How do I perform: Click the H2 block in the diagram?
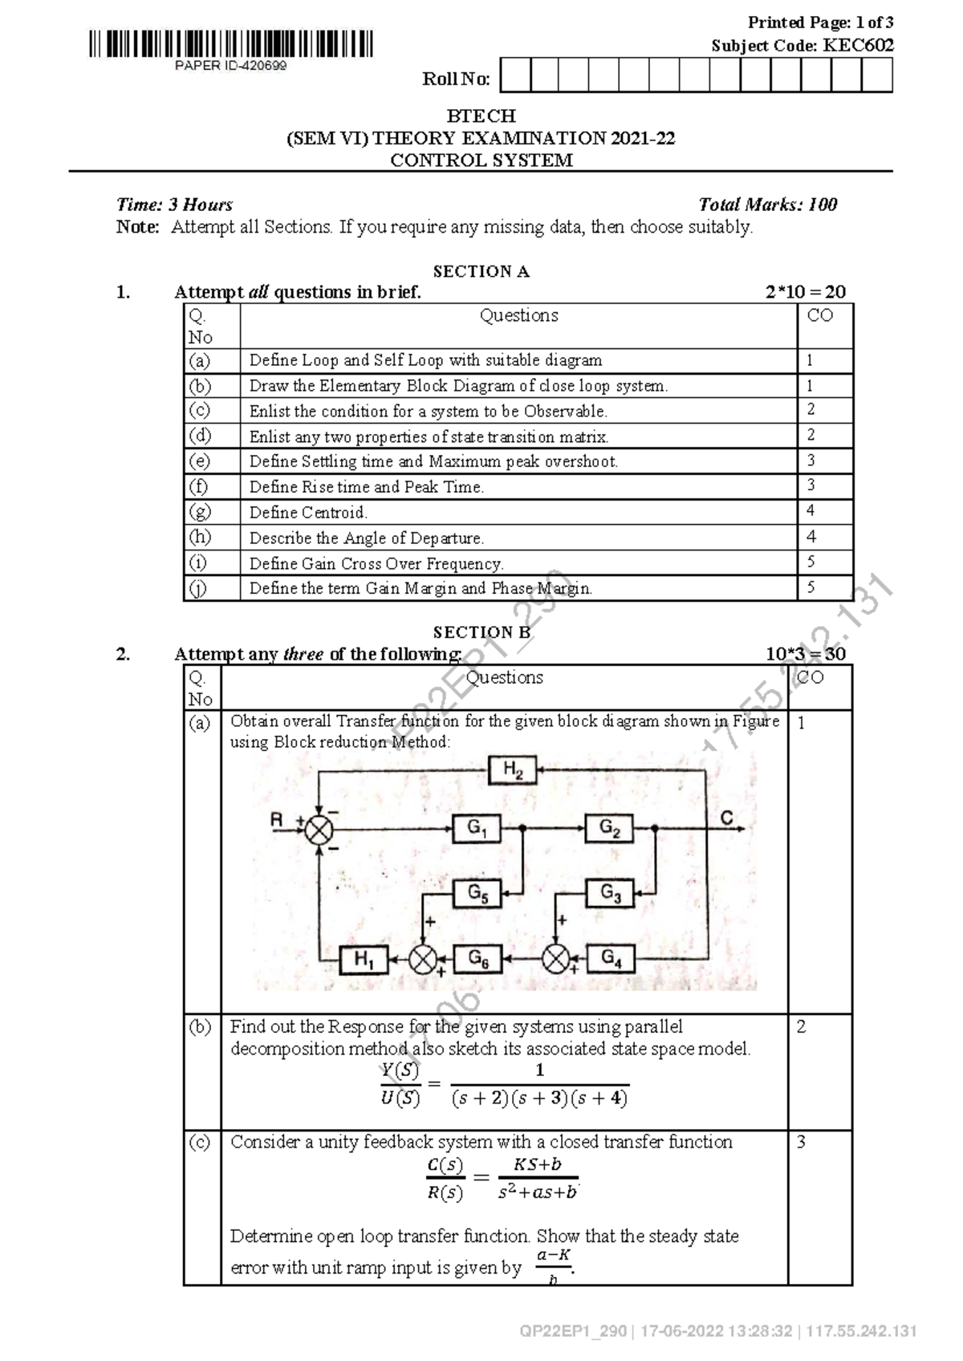[513, 771]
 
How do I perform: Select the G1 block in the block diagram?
[477, 828]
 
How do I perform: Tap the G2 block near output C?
[609, 828]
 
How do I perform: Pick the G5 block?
[477, 892]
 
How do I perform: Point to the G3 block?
[610, 892]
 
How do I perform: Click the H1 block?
[364, 959]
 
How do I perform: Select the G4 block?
[610, 958]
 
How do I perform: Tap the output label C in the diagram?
[726, 818]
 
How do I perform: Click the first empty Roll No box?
[514, 76]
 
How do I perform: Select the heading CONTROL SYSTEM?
[481, 160]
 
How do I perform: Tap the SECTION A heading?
[481, 271]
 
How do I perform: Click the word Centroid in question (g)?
[335, 512]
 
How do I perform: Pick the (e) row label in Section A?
[199, 461]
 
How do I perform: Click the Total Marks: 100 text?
[768, 205]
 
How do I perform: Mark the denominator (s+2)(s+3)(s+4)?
[539, 1099]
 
